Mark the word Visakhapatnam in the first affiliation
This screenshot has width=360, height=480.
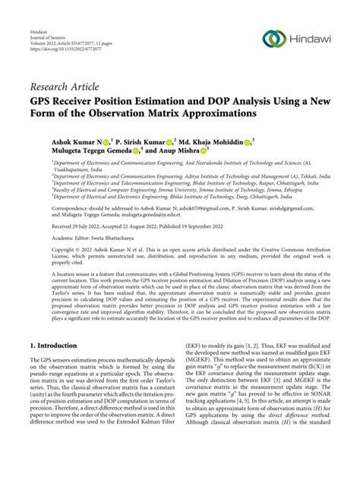(77, 172)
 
